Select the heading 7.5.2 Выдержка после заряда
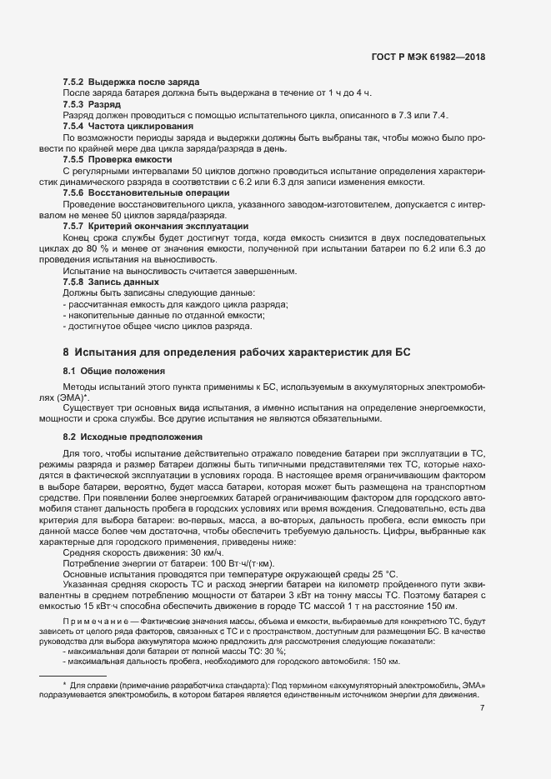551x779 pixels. pyautogui.click(x=131, y=82)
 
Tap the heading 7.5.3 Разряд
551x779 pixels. pyautogui.click(x=93, y=104)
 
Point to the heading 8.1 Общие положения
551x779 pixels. pyautogui.click(x=115, y=370)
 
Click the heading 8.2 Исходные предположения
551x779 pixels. pyautogui.click(x=132, y=437)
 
